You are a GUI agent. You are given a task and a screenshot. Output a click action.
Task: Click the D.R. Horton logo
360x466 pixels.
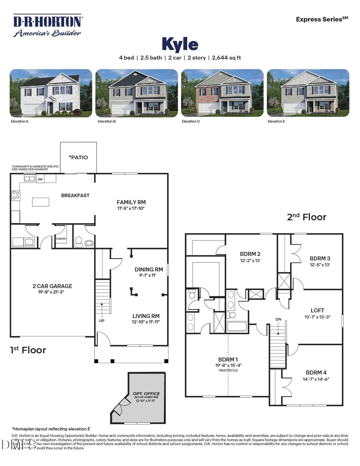click(48, 25)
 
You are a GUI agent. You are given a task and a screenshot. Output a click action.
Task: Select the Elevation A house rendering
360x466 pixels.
click(51, 93)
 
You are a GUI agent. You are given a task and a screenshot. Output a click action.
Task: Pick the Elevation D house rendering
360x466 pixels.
click(222, 93)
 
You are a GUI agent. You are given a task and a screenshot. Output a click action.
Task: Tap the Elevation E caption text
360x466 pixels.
click(276, 121)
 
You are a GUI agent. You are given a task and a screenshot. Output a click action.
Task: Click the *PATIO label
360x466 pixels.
click(78, 157)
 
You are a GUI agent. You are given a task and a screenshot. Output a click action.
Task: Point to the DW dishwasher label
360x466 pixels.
click(40, 180)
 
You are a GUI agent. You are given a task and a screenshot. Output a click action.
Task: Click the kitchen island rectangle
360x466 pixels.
click(40, 202)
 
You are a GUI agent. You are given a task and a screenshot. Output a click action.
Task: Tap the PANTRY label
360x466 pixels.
click(61, 239)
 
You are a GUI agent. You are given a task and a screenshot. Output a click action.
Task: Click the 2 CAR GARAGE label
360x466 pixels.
click(52, 286)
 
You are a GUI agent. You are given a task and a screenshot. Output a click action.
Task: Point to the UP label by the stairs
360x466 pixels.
click(102, 321)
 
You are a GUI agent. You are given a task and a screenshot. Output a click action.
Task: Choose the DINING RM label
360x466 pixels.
click(149, 270)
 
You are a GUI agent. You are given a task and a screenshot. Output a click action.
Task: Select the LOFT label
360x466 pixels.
click(317, 310)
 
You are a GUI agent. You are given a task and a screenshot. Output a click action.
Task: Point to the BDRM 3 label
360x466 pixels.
click(320, 258)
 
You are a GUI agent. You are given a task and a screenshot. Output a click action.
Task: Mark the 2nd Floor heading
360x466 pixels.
click(306, 217)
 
